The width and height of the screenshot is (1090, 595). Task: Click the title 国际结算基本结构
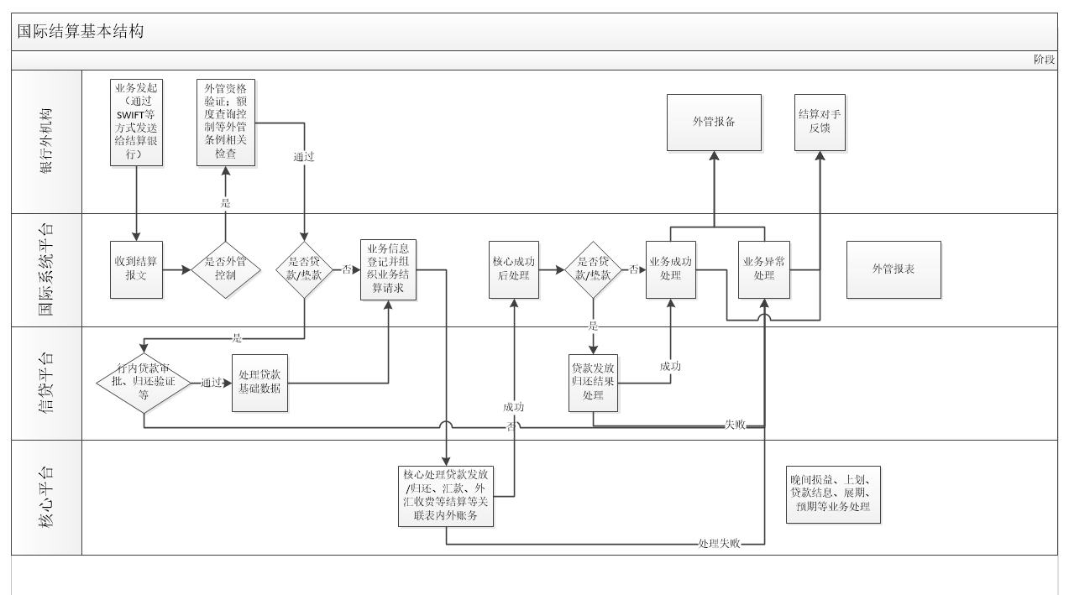coord(81,32)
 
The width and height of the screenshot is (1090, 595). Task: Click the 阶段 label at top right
coord(1044,60)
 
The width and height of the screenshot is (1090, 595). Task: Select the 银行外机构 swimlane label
coord(46,141)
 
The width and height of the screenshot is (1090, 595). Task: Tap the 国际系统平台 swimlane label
coord(46,269)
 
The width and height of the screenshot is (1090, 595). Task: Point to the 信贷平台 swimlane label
coord(46,384)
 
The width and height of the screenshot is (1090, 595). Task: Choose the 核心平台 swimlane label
coord(46,497)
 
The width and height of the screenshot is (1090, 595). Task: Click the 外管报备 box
coord(714,122)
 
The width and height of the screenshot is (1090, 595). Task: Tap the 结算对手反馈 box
coord(820,122)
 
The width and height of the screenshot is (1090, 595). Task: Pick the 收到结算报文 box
coord(135,269)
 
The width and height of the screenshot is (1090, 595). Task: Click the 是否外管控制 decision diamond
coord(225,269)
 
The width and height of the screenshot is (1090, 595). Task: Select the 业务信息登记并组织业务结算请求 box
coord(388,269)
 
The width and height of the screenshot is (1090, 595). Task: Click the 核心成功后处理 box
coord(514,269)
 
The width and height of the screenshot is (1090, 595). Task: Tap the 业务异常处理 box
coord(764,269)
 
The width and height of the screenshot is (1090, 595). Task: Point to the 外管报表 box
coord(893,269)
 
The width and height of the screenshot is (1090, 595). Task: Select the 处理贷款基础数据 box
coord(259,384)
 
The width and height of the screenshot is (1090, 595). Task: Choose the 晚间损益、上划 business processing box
coord(833,494)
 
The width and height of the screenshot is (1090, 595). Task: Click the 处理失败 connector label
coord(719,544)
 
